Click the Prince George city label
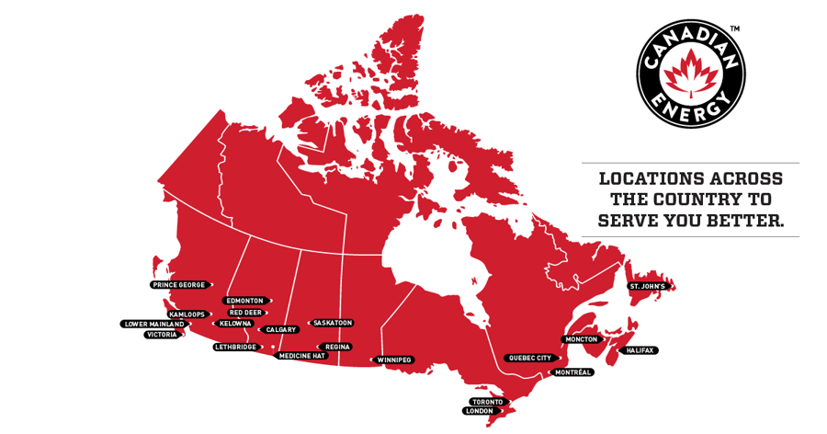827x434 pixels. [x=180, y=285]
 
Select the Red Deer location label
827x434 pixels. [x=245, y=313]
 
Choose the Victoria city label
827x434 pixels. [x=162, y=335]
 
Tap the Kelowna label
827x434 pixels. [x=234, y=324]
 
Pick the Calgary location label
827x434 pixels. [x=279, y=329]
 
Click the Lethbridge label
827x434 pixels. [x=235, y=348]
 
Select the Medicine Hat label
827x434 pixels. [x=301, y=356]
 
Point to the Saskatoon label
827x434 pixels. [x=332, y=324]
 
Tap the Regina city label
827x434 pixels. [x=338, y=347]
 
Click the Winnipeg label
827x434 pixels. [x=393, y=360]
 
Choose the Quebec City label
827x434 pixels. [x=530, y=358]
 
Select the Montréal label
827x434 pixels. [x=574, y=372]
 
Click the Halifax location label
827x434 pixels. [x=640, y=350]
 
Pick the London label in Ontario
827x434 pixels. [x=478, y=411]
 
